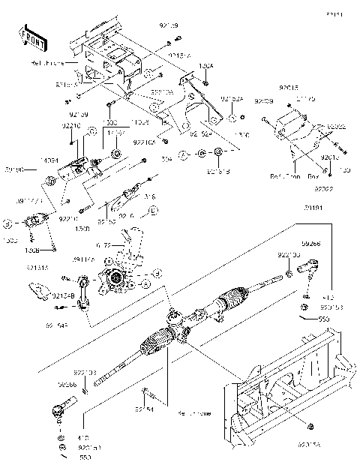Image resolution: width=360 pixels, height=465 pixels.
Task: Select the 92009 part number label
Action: (264, 100)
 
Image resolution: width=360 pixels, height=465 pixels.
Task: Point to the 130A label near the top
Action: (206, 66)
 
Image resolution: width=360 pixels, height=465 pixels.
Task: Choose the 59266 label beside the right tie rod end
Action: (312, 244)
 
